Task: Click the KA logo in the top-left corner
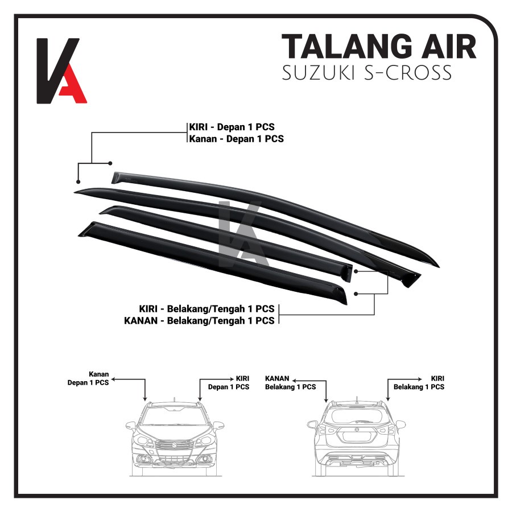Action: (61, 71)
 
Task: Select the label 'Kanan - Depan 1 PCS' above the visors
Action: (236, 138)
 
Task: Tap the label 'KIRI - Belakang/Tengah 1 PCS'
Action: (207, 308)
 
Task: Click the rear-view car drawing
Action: (356, 435)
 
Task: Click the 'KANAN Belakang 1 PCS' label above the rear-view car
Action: (290, 382)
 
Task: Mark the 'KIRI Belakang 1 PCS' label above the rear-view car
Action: (419, 382)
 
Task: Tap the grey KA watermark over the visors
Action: (239, 228)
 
